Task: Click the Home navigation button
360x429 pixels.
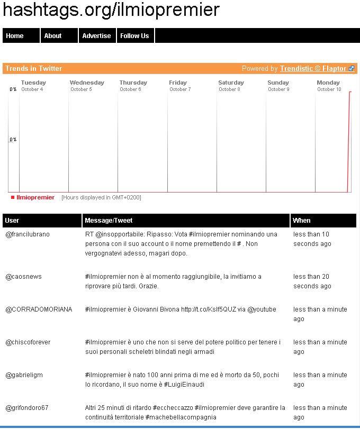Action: tap(15, 36)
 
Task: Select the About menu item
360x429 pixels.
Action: tap(53, 36)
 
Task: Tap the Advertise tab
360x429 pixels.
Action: tap(96, 36)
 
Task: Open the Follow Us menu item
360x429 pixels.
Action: tap(134, 36)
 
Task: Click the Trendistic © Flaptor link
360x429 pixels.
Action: tap(313, 69)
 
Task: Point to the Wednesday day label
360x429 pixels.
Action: tap(87, 83)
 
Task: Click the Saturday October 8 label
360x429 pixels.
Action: tap(231, 86)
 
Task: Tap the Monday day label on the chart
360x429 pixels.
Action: tap(328, 83)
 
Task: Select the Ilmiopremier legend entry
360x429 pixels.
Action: tap(35, 198)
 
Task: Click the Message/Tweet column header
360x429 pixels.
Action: tap(109, 221)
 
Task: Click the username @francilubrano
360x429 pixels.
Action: tap(28, 234)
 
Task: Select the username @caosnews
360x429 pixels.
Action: tap(23, 277)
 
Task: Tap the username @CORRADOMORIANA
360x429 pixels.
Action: tap(39, 309)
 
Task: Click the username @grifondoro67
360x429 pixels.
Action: tap(27, 408)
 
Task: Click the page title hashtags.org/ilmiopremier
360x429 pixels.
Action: tap(111, 10)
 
